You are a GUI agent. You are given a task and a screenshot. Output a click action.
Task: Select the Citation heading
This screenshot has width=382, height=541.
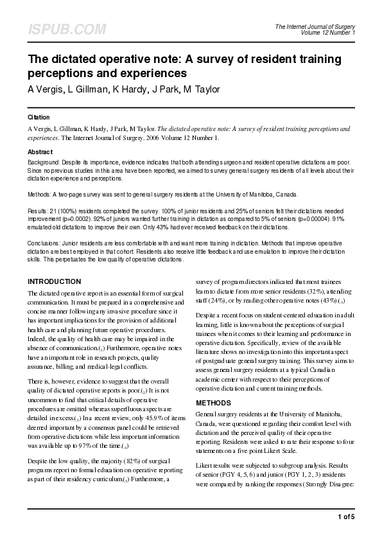[39, 118]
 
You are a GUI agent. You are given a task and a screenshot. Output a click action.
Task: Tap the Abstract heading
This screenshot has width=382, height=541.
[40, 152]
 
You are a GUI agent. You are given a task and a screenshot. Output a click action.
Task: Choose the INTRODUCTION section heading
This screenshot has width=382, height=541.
[55, 281]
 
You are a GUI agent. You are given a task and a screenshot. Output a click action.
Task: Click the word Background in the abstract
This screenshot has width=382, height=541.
[43, 164]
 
